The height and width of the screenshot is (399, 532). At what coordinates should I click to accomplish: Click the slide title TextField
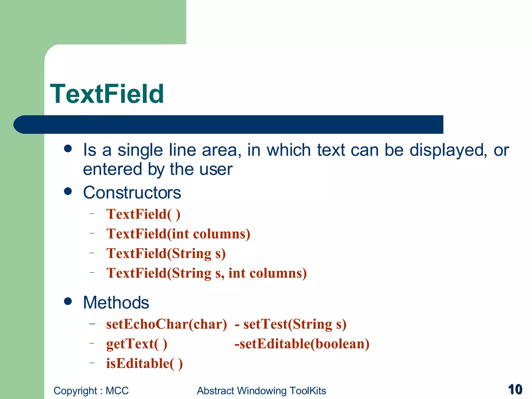point(107,94)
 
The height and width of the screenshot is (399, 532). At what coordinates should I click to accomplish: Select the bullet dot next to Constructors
point(68,191)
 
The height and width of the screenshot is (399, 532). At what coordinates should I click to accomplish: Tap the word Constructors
point(132,193)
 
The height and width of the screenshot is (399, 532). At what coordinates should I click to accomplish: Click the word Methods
point(116,303)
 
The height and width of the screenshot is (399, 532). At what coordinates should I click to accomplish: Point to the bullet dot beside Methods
point(68,301)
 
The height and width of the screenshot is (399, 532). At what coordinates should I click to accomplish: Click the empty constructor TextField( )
point(143,214)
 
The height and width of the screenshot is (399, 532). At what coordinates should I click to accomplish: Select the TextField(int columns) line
point(178,234)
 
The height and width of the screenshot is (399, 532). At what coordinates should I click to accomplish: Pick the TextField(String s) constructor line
point(166,254)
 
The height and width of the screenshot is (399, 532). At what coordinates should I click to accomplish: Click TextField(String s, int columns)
point(207,273)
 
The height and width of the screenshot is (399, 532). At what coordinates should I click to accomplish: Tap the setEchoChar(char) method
point(167,324)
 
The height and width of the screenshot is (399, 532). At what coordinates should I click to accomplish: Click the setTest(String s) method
point(295,324)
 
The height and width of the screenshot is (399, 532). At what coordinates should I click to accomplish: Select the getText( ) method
point(137,344)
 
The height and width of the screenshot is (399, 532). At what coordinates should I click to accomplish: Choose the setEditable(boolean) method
point(302,344)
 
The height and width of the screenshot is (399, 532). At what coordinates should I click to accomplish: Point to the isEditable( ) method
point(144,363)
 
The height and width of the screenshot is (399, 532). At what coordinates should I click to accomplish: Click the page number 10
point(515,390)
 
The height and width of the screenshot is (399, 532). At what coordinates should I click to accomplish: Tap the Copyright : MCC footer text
point(91,391)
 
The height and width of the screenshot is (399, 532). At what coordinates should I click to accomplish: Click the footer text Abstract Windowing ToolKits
point(261,391)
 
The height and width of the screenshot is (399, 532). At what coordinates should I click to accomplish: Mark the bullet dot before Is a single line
point(68,149)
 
